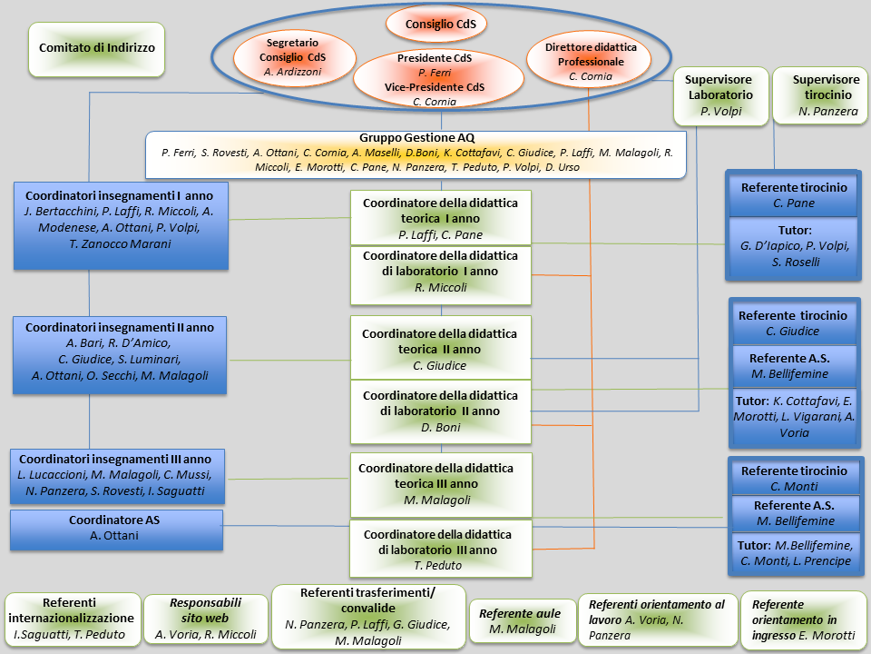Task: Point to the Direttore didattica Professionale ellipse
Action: click(x=591, y=61)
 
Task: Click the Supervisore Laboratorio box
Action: click(x=719, y=94)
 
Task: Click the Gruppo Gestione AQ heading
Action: click(x=417, y=136)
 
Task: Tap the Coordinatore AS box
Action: click(x=116, y=530)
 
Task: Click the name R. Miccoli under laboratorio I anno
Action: click(x=440, y=287)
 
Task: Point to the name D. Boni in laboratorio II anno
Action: click(x=440, y=427)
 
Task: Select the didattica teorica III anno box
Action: click(x=436, y=484)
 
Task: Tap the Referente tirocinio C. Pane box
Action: click(x=794, y=194)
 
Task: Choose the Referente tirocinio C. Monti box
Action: click(x=794, y=478)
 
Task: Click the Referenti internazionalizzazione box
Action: click(x=73, y=619)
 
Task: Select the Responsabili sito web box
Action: click(x=206, y=619)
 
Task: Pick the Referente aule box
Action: click(x=520, y=621)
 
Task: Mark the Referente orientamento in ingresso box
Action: click(x=803, y=619)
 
